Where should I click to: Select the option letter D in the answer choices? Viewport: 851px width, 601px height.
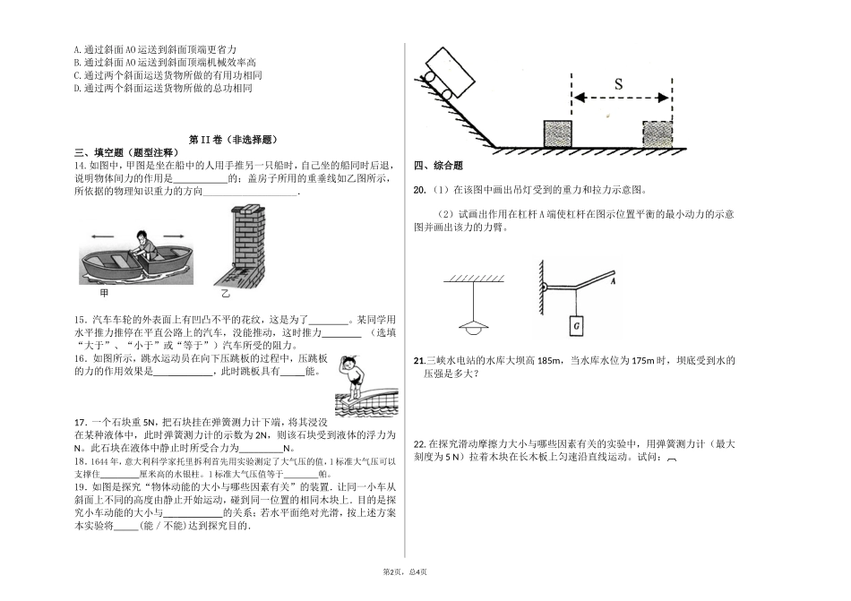coord(77,90)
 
